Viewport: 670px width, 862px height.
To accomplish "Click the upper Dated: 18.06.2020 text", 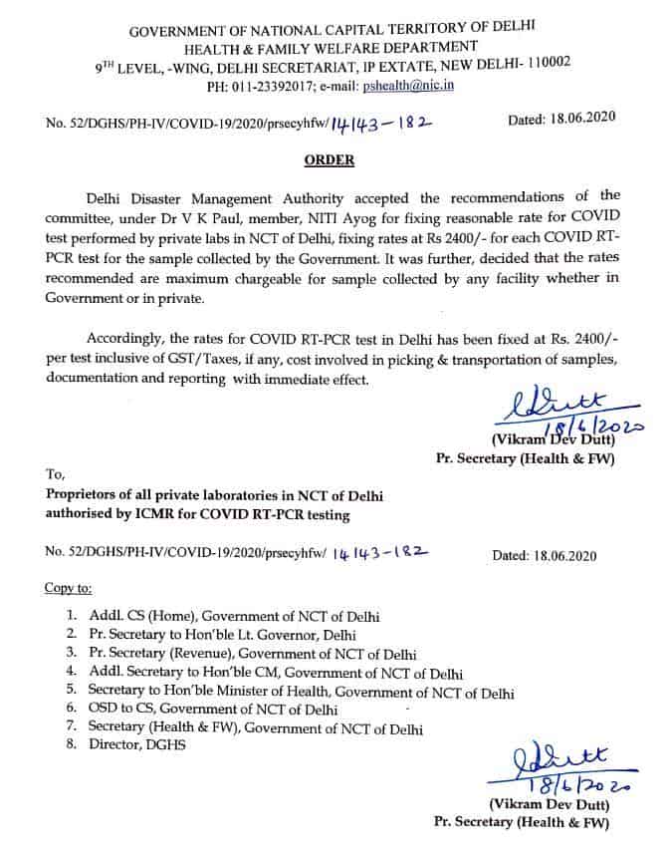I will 561,119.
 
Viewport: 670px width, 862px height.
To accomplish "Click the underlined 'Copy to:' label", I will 68,587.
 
